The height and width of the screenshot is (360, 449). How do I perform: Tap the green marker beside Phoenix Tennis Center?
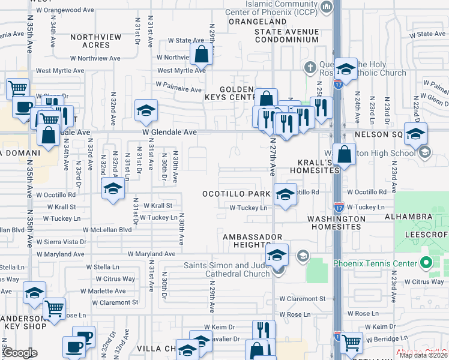coord(426,263)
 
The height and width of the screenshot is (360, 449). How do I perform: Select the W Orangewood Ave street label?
coord(65,10)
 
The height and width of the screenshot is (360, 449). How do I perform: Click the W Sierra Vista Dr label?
coord(61,242)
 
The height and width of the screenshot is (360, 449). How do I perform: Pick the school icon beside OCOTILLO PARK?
coord(285,194)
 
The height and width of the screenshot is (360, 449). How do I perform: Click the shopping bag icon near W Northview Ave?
coord(202,55)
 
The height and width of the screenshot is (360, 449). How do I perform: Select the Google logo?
coord(19,353)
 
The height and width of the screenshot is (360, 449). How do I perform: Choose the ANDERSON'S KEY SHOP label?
coord(24,322)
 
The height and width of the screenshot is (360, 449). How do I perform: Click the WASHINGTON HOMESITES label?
coord(334,223)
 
